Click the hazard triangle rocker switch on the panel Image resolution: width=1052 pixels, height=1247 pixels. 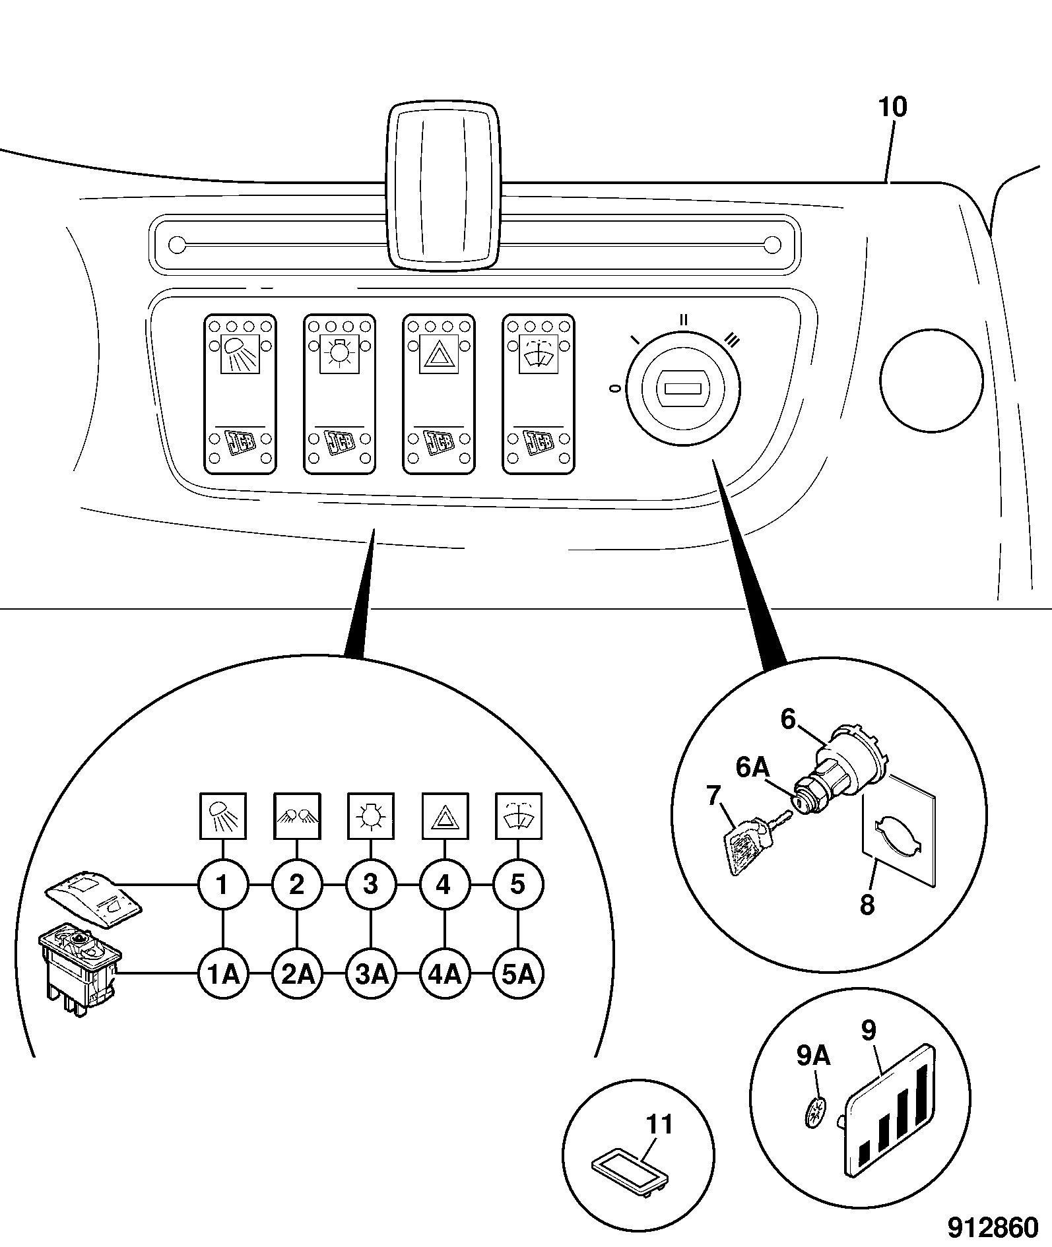click(x=439, y=394)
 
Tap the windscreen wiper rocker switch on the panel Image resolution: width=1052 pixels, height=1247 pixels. click(x=539, y=394)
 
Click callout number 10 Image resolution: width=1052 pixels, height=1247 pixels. click(x=893, y=107)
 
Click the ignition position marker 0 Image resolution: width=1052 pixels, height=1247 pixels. click(x=615, y=390)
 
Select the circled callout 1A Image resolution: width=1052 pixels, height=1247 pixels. click(x=223, y=974)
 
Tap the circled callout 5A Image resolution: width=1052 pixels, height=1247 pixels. click(x=518, y=974)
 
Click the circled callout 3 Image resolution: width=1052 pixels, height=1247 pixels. click(x=371, y=884)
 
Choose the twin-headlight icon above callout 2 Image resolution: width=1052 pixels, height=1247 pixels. click(x=297, y=816)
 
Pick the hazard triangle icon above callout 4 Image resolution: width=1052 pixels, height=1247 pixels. click(x=445, y=816)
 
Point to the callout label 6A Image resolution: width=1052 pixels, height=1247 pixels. click(x=753, y=767)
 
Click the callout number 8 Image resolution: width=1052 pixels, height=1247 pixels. click(x=867, y=905)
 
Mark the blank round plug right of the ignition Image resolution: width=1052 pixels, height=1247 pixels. click(x=931, y=381)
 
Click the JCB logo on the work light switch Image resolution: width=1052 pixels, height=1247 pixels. click(x=239, y=443)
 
